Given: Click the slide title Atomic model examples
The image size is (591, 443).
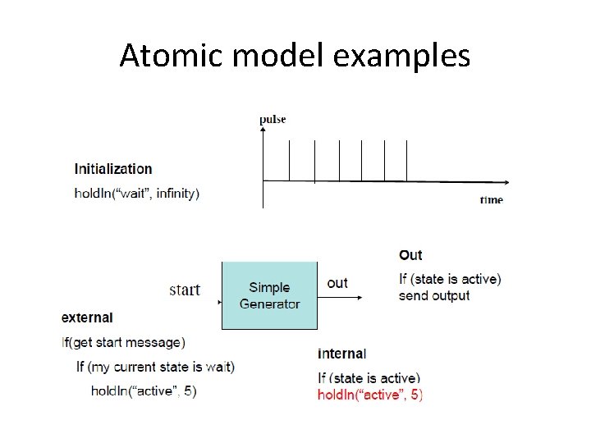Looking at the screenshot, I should click(295, 56).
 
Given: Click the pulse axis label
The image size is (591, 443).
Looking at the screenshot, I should click(273, 120).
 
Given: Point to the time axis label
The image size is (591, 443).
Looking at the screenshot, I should click(491, 199).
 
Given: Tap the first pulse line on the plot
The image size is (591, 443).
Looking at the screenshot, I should click(289, 159).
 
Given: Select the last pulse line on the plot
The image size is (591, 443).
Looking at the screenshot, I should click(406, 159).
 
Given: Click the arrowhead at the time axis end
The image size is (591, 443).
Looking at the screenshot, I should click(512, 180).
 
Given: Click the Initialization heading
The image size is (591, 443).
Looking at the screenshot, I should click(113, 169).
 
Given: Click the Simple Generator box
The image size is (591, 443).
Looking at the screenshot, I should click(269, 295).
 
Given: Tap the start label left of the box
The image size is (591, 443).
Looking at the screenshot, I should click(185, 290).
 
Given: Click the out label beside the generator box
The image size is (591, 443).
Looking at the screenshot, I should click(337, 283).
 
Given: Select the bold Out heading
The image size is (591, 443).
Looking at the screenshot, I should click(410, 255).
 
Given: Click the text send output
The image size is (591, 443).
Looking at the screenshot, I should click(434, 295).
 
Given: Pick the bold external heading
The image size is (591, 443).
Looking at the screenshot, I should click(87, 317).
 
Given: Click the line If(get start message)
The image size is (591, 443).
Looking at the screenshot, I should click(123, 342).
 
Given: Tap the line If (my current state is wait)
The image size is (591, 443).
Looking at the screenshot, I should click(155, 366).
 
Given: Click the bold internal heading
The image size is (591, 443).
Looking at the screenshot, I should click(341, 354).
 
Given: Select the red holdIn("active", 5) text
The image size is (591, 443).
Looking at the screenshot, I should click(370, 395).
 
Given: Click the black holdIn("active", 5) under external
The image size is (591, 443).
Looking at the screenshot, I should click(144, 390).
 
